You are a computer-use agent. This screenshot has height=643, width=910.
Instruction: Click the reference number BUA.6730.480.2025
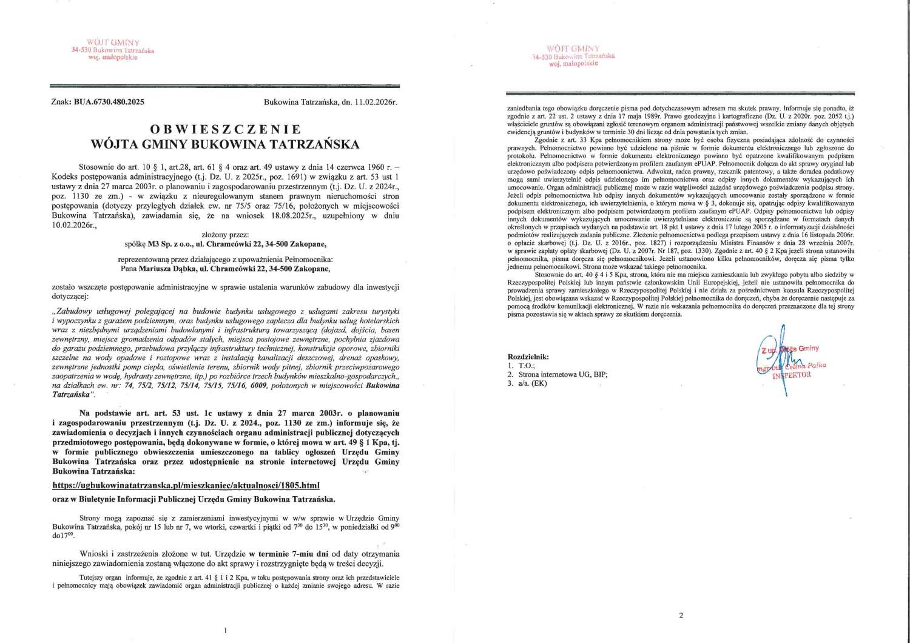110,102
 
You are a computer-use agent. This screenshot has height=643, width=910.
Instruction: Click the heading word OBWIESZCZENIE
225,129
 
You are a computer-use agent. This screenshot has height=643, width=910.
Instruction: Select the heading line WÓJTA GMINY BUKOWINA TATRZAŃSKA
225,144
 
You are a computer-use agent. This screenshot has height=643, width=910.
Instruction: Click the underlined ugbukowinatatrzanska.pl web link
186,485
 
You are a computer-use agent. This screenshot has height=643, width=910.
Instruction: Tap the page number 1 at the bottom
226,631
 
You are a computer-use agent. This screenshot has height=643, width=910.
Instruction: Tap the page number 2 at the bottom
681,616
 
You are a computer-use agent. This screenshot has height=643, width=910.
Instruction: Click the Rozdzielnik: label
528,357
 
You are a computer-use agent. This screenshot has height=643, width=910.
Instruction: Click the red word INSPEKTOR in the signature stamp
791,375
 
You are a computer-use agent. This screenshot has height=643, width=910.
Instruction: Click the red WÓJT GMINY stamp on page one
113,50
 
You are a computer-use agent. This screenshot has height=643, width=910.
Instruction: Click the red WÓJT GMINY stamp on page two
573,55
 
